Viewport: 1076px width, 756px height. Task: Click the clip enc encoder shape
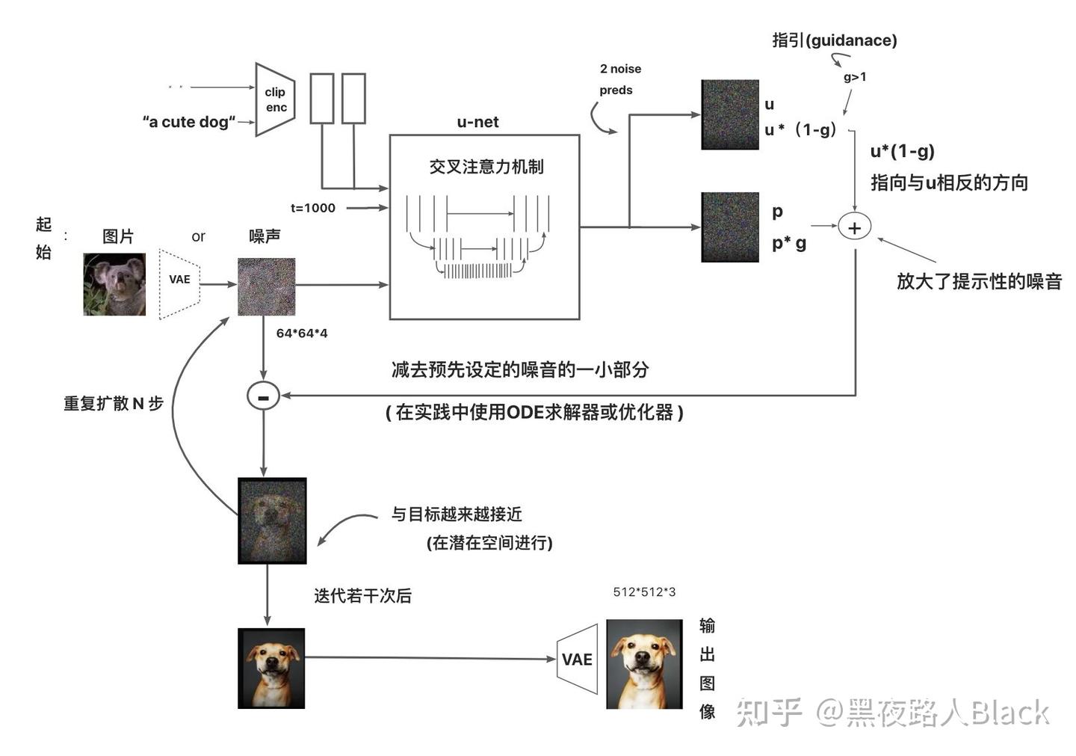pyautogui.click(x=274, y=99)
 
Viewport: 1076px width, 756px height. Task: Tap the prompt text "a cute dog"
pyautogui.click(x=189, y=122)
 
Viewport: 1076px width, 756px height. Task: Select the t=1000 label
pyautogui.click(x=313, y=208)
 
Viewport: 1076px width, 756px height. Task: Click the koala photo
pyautogui.click(x=114, y=284)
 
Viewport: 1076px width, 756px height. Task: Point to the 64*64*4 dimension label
pyautogui.click(x=302, y=333)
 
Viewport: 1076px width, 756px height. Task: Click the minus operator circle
pyautogui.click(x=263, y=396)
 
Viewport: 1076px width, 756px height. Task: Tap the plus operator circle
pyautogui.click(x=854, y=227)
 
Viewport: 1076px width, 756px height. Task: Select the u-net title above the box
pyautogui.click(x=477, y=122)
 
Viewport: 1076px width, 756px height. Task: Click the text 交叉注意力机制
pyautogui.click(x=486, y=167)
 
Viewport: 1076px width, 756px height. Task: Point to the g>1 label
pyautogui.click(x=855, y=77)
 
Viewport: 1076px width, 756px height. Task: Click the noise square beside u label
pyautogui.click(x=730, y=114)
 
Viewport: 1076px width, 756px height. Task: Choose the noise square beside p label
pyautogui.click(x=730, y=227)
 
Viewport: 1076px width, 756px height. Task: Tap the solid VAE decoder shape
pyautogui.click(x=578, y=659)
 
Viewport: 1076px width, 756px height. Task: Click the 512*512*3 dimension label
pyautogui.click(x=644, y=592)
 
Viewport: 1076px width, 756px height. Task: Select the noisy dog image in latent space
pyautogui.click(x=272, y=520)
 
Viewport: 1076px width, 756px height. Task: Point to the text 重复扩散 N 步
pyautogui.click(x=114, y=404)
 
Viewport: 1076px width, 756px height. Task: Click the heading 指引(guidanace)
pyautogui.click(x=834, y=40)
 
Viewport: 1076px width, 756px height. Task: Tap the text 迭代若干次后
pyautogui.click(x=362, y=596)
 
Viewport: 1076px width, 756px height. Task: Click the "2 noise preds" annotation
pyautogui.click(x=619, y=79)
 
